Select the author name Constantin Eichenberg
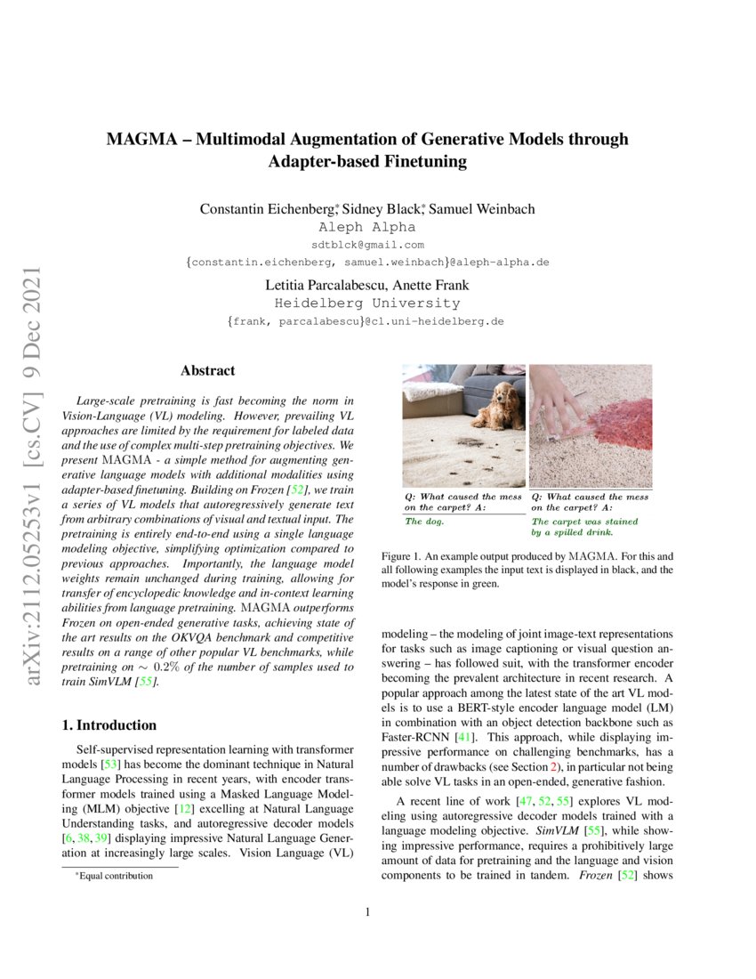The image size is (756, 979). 267,209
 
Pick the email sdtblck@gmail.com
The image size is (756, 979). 367,245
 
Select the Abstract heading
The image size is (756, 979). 207,370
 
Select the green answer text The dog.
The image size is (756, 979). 425,522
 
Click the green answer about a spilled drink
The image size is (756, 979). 584,527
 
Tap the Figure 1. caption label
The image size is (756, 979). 401,554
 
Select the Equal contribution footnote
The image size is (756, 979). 115,876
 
